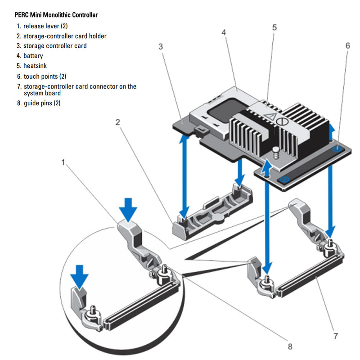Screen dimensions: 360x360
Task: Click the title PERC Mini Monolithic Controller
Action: [x=56, y=15]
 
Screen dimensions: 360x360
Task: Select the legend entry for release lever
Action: [x=45, y=26]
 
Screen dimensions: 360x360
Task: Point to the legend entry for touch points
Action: [x=45, y=76]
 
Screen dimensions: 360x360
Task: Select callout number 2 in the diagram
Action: [x=118, y=122]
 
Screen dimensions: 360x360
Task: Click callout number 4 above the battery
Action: [x=224, y=32]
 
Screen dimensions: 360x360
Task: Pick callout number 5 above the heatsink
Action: [x=274, y=27]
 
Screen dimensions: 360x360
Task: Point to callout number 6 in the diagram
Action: [x=347, y=46]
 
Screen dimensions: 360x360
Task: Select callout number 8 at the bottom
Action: [x=290, y=346]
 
